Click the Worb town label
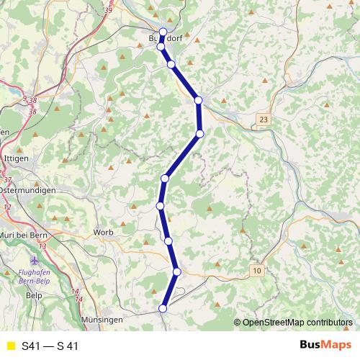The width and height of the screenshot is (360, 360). point(104,233)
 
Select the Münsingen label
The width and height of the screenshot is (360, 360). point(102,318)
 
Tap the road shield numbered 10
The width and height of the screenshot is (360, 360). point(257,269)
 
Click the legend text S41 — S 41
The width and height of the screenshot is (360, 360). point(50,346)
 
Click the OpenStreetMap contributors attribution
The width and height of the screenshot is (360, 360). point(297,323)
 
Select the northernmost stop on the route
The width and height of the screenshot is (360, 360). point(163,32)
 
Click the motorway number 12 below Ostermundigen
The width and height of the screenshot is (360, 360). point(7,207)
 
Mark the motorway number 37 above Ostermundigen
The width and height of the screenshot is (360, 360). point(8,180)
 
